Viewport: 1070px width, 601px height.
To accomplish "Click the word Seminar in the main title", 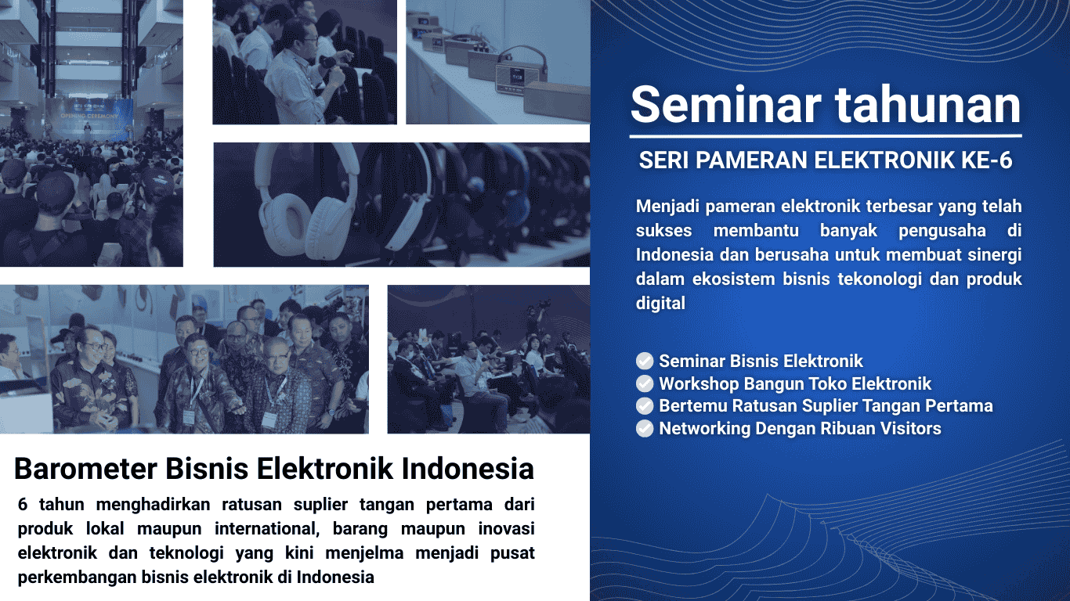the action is pos(725,105).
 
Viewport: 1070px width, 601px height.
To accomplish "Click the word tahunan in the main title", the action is pos(927,105).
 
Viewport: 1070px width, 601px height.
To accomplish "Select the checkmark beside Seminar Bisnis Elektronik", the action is pos(645,361).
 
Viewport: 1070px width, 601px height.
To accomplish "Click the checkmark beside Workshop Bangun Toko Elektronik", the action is pos(645,383).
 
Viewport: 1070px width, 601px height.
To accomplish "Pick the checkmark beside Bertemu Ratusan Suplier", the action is pos(645,406).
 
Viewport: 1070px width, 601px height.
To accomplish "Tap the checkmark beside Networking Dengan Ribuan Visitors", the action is pos(645,428).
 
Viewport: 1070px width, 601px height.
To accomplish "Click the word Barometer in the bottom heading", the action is pos(85,468).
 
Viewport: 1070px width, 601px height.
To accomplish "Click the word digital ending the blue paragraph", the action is pos(660,303).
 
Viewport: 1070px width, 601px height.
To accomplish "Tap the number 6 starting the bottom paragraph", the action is pos(23,505).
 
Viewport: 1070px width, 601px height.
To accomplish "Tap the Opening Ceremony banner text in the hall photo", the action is pos(89,116).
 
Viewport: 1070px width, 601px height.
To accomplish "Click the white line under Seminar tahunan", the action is pos(826,136).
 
